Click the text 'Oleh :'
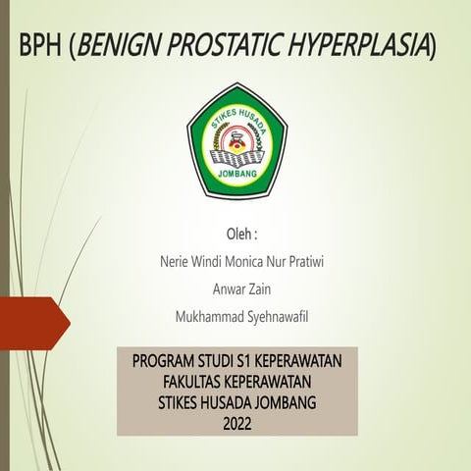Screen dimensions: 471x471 pyautogui.click(x=241, y=235)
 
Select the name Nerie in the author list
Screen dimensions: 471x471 pyautogui.click(x=173, y=263)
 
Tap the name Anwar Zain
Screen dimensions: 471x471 pyautogui.click(x=241, y=289)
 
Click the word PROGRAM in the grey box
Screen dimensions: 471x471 pyautogui.click(x=169, y=363)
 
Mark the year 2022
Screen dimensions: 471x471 pyautogui.click(x=237, y=421)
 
